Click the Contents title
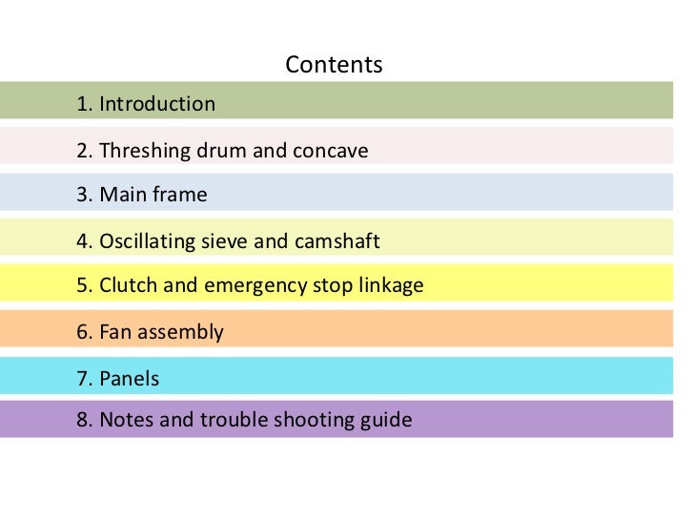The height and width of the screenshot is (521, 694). pos(334,65)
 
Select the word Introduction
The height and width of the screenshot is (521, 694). pos(157,104)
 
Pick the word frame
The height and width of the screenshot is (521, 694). pos(180,196)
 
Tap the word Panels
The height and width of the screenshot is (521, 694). pos(130,379)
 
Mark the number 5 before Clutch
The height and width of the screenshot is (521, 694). pos(83,285)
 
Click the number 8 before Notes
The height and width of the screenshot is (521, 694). pos(83,420)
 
